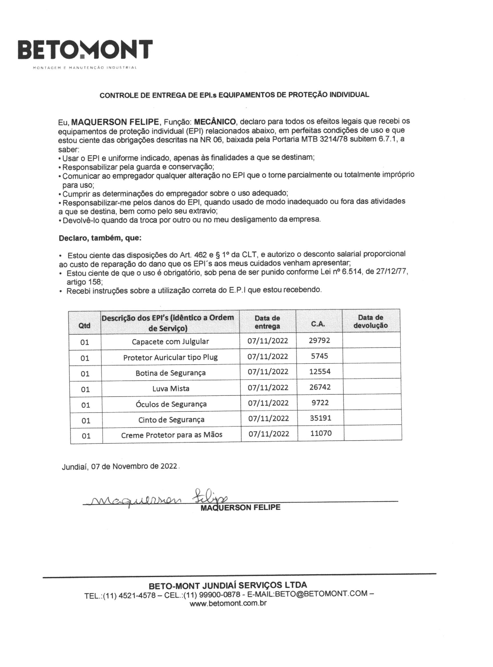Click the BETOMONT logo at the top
coord(85,50)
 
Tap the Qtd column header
coord(84,326)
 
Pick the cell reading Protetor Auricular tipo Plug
coord(170,357)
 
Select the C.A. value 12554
coord(320,371)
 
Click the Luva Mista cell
coord(171,389)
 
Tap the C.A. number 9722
coord(320,403)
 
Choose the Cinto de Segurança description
coord(171,420)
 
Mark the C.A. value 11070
coord(321,433)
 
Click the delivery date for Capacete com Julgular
coord(268,341)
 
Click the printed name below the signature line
coord(240,507)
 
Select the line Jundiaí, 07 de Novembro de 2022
coord(120,467)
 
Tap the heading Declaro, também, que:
coord(100,238)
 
